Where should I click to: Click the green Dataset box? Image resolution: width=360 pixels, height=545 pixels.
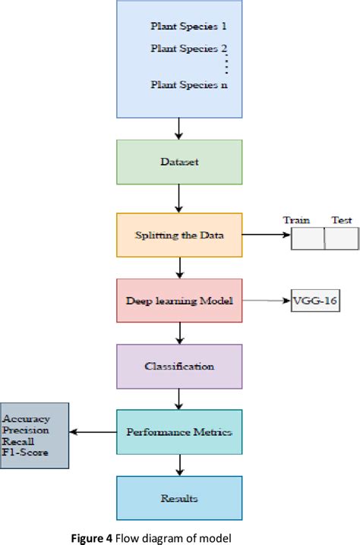click(x=178, y=162)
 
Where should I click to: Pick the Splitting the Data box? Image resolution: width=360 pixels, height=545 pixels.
click(x=179, y=236)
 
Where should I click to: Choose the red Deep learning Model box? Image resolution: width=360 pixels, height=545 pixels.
click(x=179, y=301)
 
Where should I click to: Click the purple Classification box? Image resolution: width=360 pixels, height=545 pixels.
click(x=179, y=367)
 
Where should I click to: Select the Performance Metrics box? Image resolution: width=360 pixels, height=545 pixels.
click(x=179, y=433)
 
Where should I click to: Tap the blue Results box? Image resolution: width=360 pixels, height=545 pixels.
click(x=179, y=499)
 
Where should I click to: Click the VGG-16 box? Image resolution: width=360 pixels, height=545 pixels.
click(x=315, y=301)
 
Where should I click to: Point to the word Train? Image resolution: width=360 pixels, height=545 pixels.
click(x=296, y=220)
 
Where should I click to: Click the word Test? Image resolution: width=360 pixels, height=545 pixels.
click(x=342, y=220)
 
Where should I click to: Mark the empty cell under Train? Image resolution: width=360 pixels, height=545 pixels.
click(x=308, y=238)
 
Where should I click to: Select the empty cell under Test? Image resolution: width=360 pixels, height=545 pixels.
click(x=341, y=238)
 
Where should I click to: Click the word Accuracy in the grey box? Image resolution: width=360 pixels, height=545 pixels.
click(x=26, y=418)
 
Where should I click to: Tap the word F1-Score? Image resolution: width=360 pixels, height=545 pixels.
click(x=25, y=452)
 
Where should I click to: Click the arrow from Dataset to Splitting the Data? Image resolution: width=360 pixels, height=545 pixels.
click(x=179, y=198)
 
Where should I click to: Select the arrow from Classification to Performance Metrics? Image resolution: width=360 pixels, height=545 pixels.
click(x=179, y=399)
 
